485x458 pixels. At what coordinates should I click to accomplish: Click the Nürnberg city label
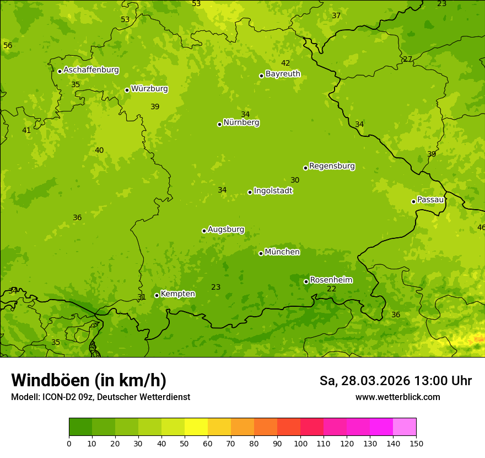[241, 123]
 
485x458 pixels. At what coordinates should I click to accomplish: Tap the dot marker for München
[261, 253]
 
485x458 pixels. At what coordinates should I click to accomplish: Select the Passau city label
[430, 200]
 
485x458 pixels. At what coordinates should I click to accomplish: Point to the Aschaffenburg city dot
[60, 71]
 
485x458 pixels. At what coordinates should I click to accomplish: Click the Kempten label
[177, 294]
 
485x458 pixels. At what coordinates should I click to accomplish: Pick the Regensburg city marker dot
[305, 168]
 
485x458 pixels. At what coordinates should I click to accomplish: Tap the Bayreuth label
[283, 74]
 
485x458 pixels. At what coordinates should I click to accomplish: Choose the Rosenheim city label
[331, 280]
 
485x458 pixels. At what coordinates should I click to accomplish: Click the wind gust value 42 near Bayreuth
[285, 63]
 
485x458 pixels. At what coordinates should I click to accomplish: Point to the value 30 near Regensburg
[295, 180]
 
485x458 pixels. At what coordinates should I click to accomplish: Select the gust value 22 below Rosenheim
[331, 289]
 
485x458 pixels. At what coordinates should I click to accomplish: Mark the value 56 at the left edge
[8, 45]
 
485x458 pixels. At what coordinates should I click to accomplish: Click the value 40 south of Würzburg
[99, 150]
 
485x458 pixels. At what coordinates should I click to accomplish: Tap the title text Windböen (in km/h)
[89, 380]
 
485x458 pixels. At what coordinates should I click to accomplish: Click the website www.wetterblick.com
[397, 397]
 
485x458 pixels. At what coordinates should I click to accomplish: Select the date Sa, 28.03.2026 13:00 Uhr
[395, 381]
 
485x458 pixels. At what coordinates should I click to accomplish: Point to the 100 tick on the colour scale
[300, 443]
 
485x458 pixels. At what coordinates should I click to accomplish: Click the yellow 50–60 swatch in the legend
[196, 427]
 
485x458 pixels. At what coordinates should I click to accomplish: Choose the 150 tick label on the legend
[416, 443]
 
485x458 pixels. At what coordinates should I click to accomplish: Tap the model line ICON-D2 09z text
[100, 397]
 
